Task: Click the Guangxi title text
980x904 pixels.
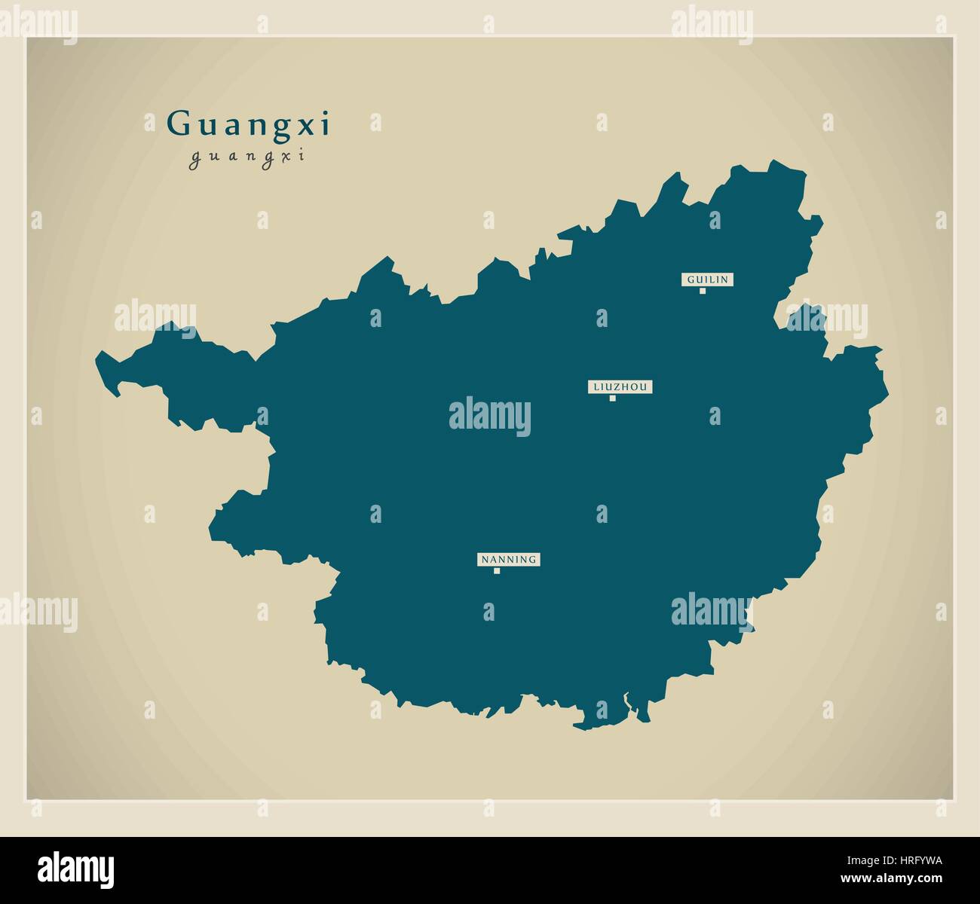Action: [248, 125]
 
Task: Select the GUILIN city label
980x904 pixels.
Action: [707, 279]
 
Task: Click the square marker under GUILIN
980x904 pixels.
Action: [703, 291]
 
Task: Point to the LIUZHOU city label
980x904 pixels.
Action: [620, 387]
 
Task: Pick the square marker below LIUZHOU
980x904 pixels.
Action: [613, 399]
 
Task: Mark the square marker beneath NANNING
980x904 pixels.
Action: [497, 571]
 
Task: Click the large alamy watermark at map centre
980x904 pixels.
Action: [490, 417]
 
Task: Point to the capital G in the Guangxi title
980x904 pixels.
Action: [179, 124]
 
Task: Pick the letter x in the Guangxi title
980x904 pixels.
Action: [310, 127]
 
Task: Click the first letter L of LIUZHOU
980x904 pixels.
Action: [596, 387]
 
